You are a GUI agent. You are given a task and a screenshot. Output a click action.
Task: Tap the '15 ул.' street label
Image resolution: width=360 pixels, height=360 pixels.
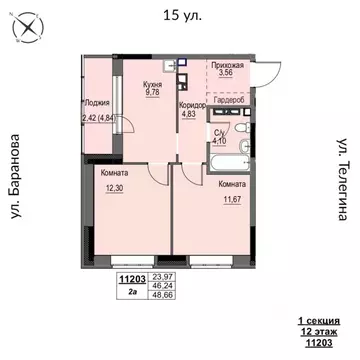point(180,14)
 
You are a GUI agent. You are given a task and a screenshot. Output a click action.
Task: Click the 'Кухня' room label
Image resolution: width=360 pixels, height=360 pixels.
point(152,87)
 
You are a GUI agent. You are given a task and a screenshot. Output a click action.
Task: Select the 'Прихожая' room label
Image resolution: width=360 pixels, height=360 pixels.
point(226,62)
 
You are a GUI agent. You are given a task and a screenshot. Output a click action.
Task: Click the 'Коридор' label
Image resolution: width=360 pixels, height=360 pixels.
point(192,104)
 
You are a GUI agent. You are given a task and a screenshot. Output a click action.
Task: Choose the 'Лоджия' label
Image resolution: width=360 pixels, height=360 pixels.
point(97,102)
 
